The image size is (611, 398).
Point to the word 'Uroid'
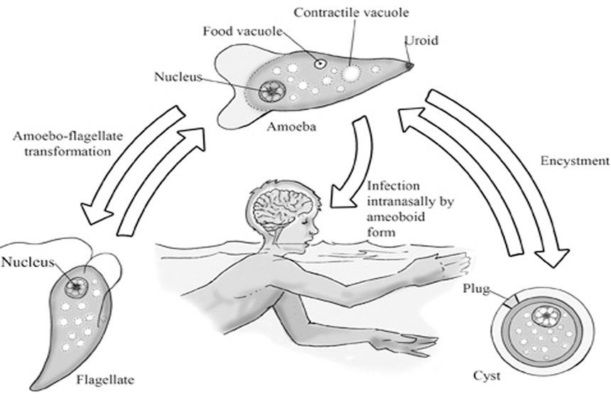point(421,41)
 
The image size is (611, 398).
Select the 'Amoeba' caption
point(289,128)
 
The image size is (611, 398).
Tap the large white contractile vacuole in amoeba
point(352,72)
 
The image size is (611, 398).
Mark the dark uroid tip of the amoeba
point(411,65)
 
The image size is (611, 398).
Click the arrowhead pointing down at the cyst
point(553,256)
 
